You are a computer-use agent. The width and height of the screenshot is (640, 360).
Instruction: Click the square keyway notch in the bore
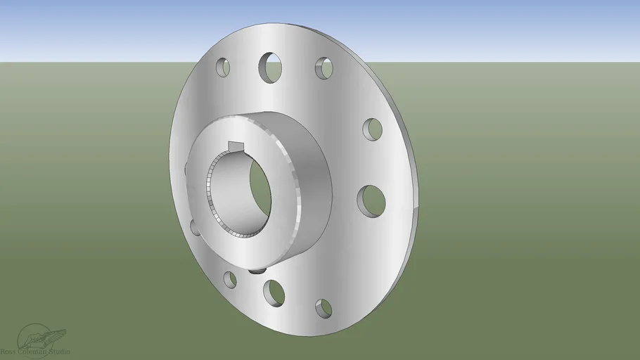pyautogui.click(x=236, y=146)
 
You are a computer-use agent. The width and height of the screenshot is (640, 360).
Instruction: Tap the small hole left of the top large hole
pyautogui.click(x=223, y=67)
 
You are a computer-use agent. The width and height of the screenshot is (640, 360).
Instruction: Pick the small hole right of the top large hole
pyautogui.click(x=324, y=67)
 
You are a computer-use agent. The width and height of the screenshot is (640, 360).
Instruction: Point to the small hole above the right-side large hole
pyautogui.click(x=372, y=129)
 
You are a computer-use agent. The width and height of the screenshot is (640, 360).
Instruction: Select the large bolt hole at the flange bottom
pyautogui.click(x=274, y=292)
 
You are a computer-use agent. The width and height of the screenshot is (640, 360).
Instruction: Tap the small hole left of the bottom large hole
pyautogui.click(x=230, y=279)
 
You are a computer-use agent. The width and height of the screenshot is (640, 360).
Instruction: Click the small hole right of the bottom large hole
pyautogui.click(x=323, y=307)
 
